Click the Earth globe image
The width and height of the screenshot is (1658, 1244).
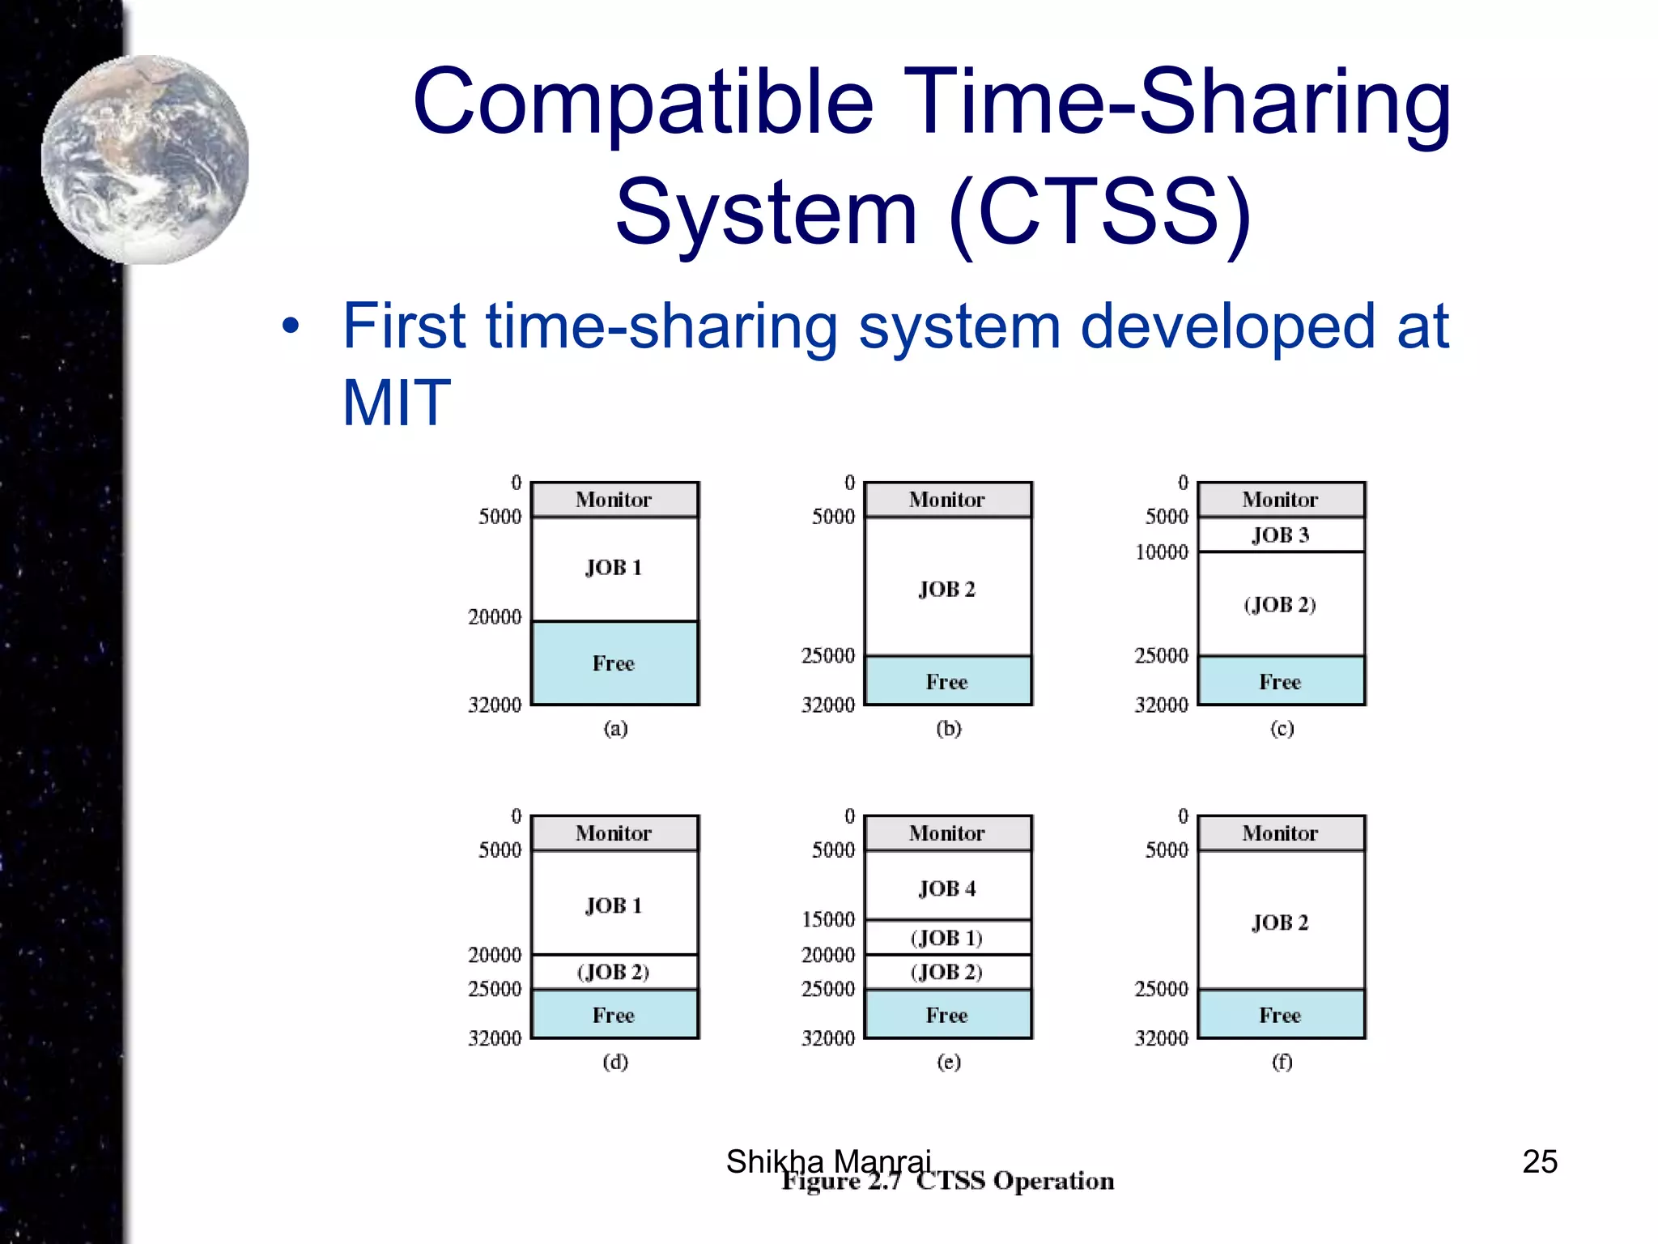coord(146,160)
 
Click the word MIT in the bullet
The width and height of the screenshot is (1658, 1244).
coord(396,403)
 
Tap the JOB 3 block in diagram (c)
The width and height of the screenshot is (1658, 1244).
coord(1280,535)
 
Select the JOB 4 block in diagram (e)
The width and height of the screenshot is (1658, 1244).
coord(947,888)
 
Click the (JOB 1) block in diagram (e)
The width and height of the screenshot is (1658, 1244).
coord(946,938)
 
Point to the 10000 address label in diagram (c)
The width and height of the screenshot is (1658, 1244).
coord(1161,552)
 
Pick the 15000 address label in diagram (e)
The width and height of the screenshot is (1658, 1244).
coord(828,919)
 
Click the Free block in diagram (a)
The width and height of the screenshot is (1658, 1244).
coord(614,663)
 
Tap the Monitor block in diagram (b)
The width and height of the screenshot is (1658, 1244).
coord(947,500)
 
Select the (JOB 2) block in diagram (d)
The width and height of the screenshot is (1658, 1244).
coord(614,972)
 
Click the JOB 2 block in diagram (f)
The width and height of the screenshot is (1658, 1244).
coord(1280,922)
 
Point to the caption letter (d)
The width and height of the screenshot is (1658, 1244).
coord(615,1061)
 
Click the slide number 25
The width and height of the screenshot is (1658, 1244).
coord(1540,1161)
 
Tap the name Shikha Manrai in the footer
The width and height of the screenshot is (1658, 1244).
coord(828,1161)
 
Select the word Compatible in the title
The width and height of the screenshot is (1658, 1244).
coord(643,103)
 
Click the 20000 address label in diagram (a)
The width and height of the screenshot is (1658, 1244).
coord(495,617)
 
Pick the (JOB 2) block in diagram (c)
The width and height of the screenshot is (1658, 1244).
coord(1280,604)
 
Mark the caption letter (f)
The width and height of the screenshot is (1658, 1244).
coord(1282,1061)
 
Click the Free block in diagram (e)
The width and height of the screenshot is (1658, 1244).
coord(947,1015)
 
